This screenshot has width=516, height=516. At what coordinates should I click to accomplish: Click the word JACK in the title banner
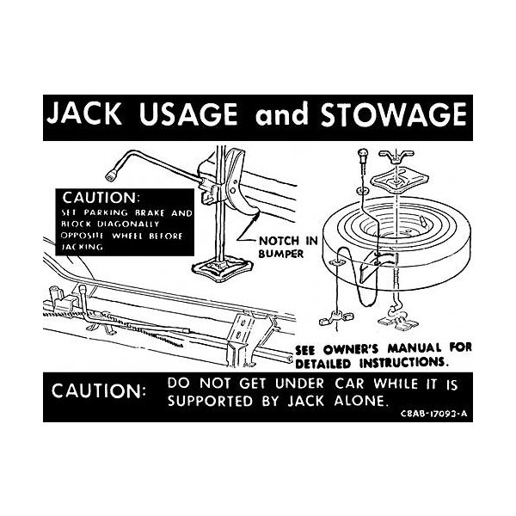84,114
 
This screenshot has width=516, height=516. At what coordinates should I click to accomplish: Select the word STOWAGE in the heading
394,114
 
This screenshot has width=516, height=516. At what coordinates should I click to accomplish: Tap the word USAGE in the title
187,114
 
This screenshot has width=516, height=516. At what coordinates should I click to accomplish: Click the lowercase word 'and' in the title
282,115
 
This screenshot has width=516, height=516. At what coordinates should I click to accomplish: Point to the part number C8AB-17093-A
433,414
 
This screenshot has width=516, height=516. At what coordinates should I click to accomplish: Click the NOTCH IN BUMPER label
288,247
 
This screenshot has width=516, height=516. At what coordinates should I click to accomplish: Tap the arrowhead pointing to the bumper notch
256,215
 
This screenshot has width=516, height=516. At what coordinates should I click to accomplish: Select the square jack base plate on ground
223,267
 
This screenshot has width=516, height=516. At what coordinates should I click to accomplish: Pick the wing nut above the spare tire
396,155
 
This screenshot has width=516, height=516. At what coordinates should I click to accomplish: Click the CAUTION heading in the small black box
101,198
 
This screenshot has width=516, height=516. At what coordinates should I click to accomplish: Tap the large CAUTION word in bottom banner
98,390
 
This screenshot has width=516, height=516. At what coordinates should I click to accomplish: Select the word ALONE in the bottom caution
359,401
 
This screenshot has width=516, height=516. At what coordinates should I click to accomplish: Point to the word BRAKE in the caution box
150,213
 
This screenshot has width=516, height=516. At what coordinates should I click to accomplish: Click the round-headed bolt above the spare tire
363,155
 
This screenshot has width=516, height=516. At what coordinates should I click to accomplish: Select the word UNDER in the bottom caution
299,384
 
